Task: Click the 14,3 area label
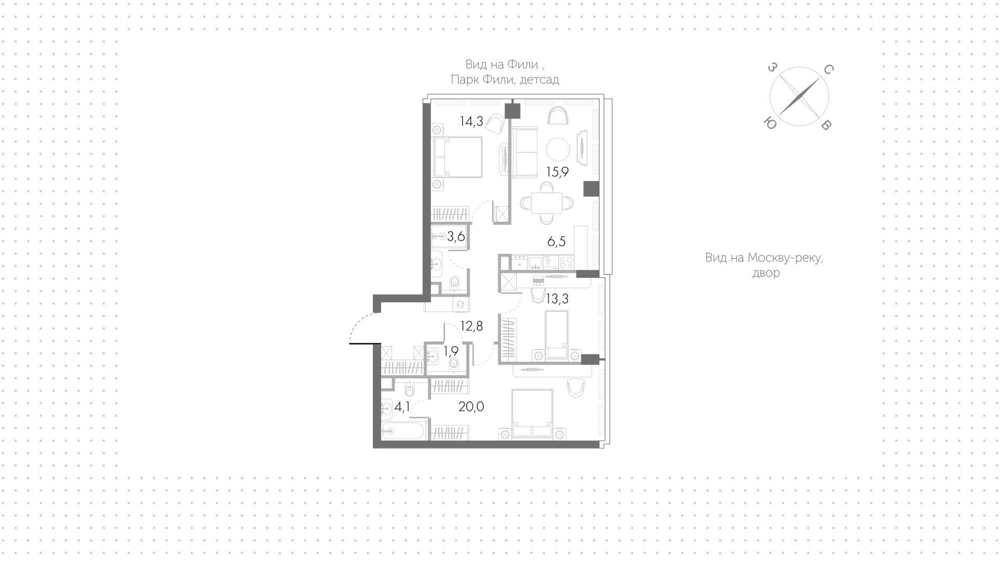click(471, 121)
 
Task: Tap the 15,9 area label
click(557, 172)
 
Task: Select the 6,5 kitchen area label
click(556, 241)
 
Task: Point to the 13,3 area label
click(557, 299)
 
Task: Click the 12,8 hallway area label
click(472, 326)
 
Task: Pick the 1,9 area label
click(451, 351)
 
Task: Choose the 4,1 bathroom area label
click(402, 406)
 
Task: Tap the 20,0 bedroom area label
click(471, 406)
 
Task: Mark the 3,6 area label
click(456, 237)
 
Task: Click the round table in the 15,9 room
click(558, 149)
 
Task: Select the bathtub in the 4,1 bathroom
click(404, 431)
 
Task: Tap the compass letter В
click(825, 125)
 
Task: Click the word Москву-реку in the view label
click(785, 258)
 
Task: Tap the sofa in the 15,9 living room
click(524, 152)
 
